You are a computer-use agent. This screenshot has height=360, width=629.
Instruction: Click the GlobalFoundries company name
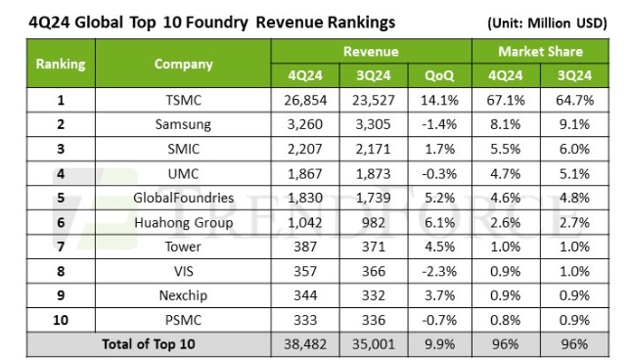183,197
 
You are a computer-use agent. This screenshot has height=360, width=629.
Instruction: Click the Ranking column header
61,65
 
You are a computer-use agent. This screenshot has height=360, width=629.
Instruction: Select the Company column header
183,65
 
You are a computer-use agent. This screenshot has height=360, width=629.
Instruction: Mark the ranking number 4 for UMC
61,173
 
